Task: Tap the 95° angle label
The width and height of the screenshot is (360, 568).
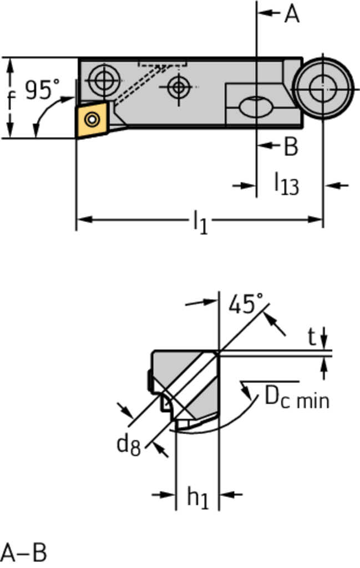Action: [42, 90]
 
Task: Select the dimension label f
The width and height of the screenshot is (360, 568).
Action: [11, 100]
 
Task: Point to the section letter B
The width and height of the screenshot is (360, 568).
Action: [291, 146]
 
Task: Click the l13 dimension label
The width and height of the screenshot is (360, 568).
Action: [287, 183]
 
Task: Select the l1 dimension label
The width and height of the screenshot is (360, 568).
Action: [200, 222]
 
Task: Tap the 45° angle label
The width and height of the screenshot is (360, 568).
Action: [246, 304]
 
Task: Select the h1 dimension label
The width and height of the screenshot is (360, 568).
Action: [197, 498]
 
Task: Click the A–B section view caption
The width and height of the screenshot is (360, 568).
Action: [24, 552]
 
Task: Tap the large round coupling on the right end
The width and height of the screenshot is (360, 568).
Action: [323, 87]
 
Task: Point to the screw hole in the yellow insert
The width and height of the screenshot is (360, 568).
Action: [92, 118]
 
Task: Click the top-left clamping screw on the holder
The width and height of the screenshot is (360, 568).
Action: [103, 80]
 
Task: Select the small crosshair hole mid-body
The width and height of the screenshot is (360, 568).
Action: [178, 87]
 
